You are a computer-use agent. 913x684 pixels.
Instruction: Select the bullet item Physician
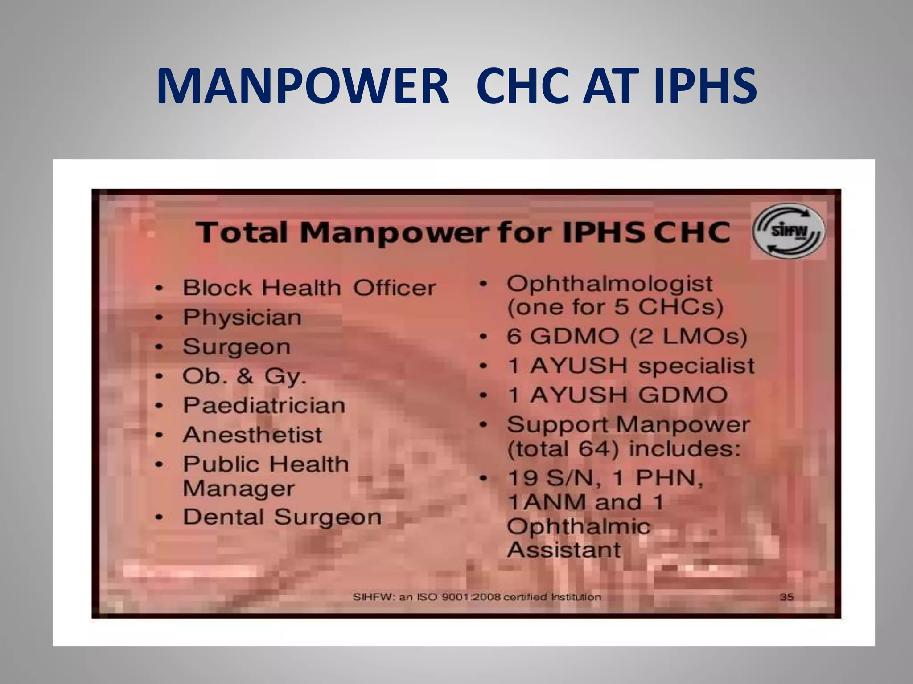pyautogui.click(x=242, y=318)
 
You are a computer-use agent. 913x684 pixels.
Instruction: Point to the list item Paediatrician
pyautogui.click(x=264, y=406)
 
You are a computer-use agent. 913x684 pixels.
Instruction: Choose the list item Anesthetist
pyautogui.click(x=252, y=435)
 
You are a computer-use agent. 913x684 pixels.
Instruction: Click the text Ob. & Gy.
pyautogui.click(x=244, y=376)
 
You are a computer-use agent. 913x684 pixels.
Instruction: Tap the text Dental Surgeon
pyautogui.click(x=282, y=517)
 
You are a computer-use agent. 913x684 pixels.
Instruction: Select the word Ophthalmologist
pyautogui.click(x=609, y=283)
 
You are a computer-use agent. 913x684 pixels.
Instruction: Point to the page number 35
pyautogui.click(x=786, y=597)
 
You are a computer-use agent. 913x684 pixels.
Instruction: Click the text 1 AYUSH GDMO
pyautogui.click(x=617, y=395)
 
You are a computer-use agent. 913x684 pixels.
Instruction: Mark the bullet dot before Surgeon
pyautogui.click(x=159, y=347)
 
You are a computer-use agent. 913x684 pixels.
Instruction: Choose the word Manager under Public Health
pyautogui.click(x=239, y=489)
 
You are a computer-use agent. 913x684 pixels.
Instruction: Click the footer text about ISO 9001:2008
pyautogui.click(x=477, y=597)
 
